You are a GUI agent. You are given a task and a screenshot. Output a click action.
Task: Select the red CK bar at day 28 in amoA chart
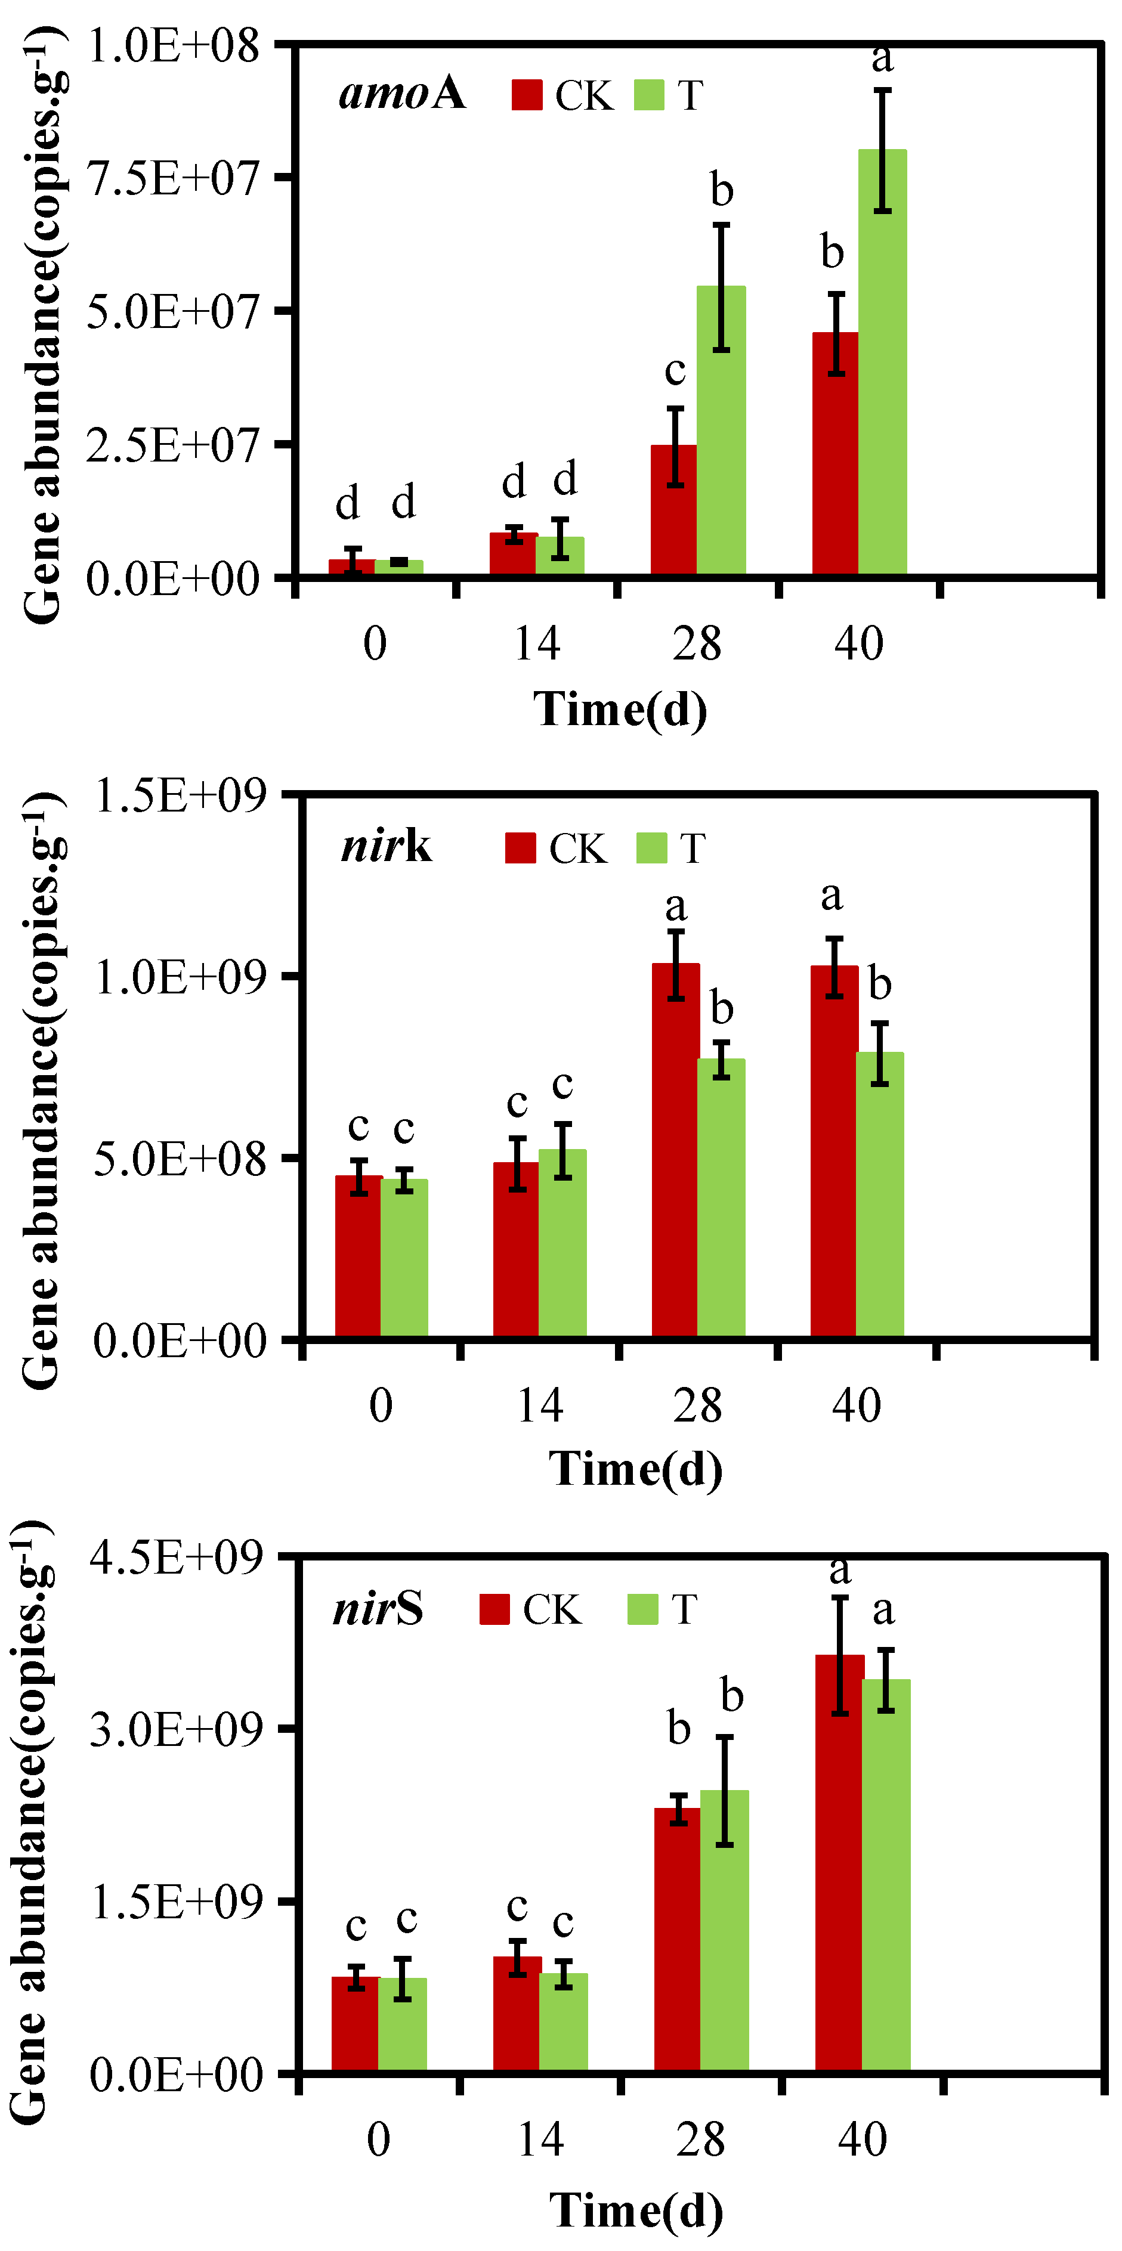pos(673,511)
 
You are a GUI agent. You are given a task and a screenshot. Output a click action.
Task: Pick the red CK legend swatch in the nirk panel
pos(520,847)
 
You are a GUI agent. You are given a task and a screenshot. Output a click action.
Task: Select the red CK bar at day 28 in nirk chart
pos(675,1153)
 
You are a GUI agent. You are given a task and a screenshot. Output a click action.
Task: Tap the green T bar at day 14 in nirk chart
pos(562,1245)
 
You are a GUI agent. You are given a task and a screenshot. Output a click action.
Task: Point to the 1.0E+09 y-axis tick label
pos(179,977)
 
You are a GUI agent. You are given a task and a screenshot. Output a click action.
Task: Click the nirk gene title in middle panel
pos(387,846)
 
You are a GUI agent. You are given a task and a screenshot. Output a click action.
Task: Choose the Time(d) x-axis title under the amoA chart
pos(620,708)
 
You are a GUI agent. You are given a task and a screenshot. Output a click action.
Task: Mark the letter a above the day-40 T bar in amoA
pos(883,58)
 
